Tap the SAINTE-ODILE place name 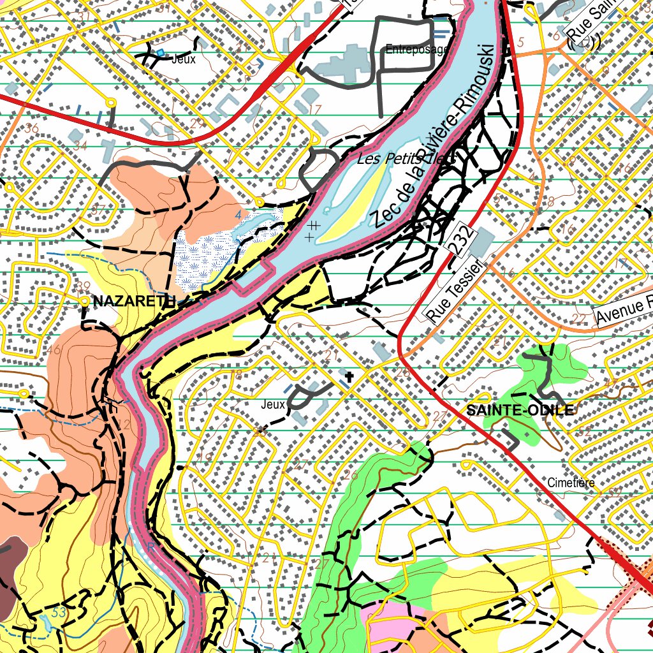point(520,410)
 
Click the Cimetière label point(571,483)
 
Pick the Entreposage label point(417,49)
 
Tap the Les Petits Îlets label point(406,159)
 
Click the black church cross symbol point(349,377)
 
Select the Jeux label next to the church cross point(272,404)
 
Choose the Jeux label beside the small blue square point(184,59)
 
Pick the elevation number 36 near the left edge point(31,128)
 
